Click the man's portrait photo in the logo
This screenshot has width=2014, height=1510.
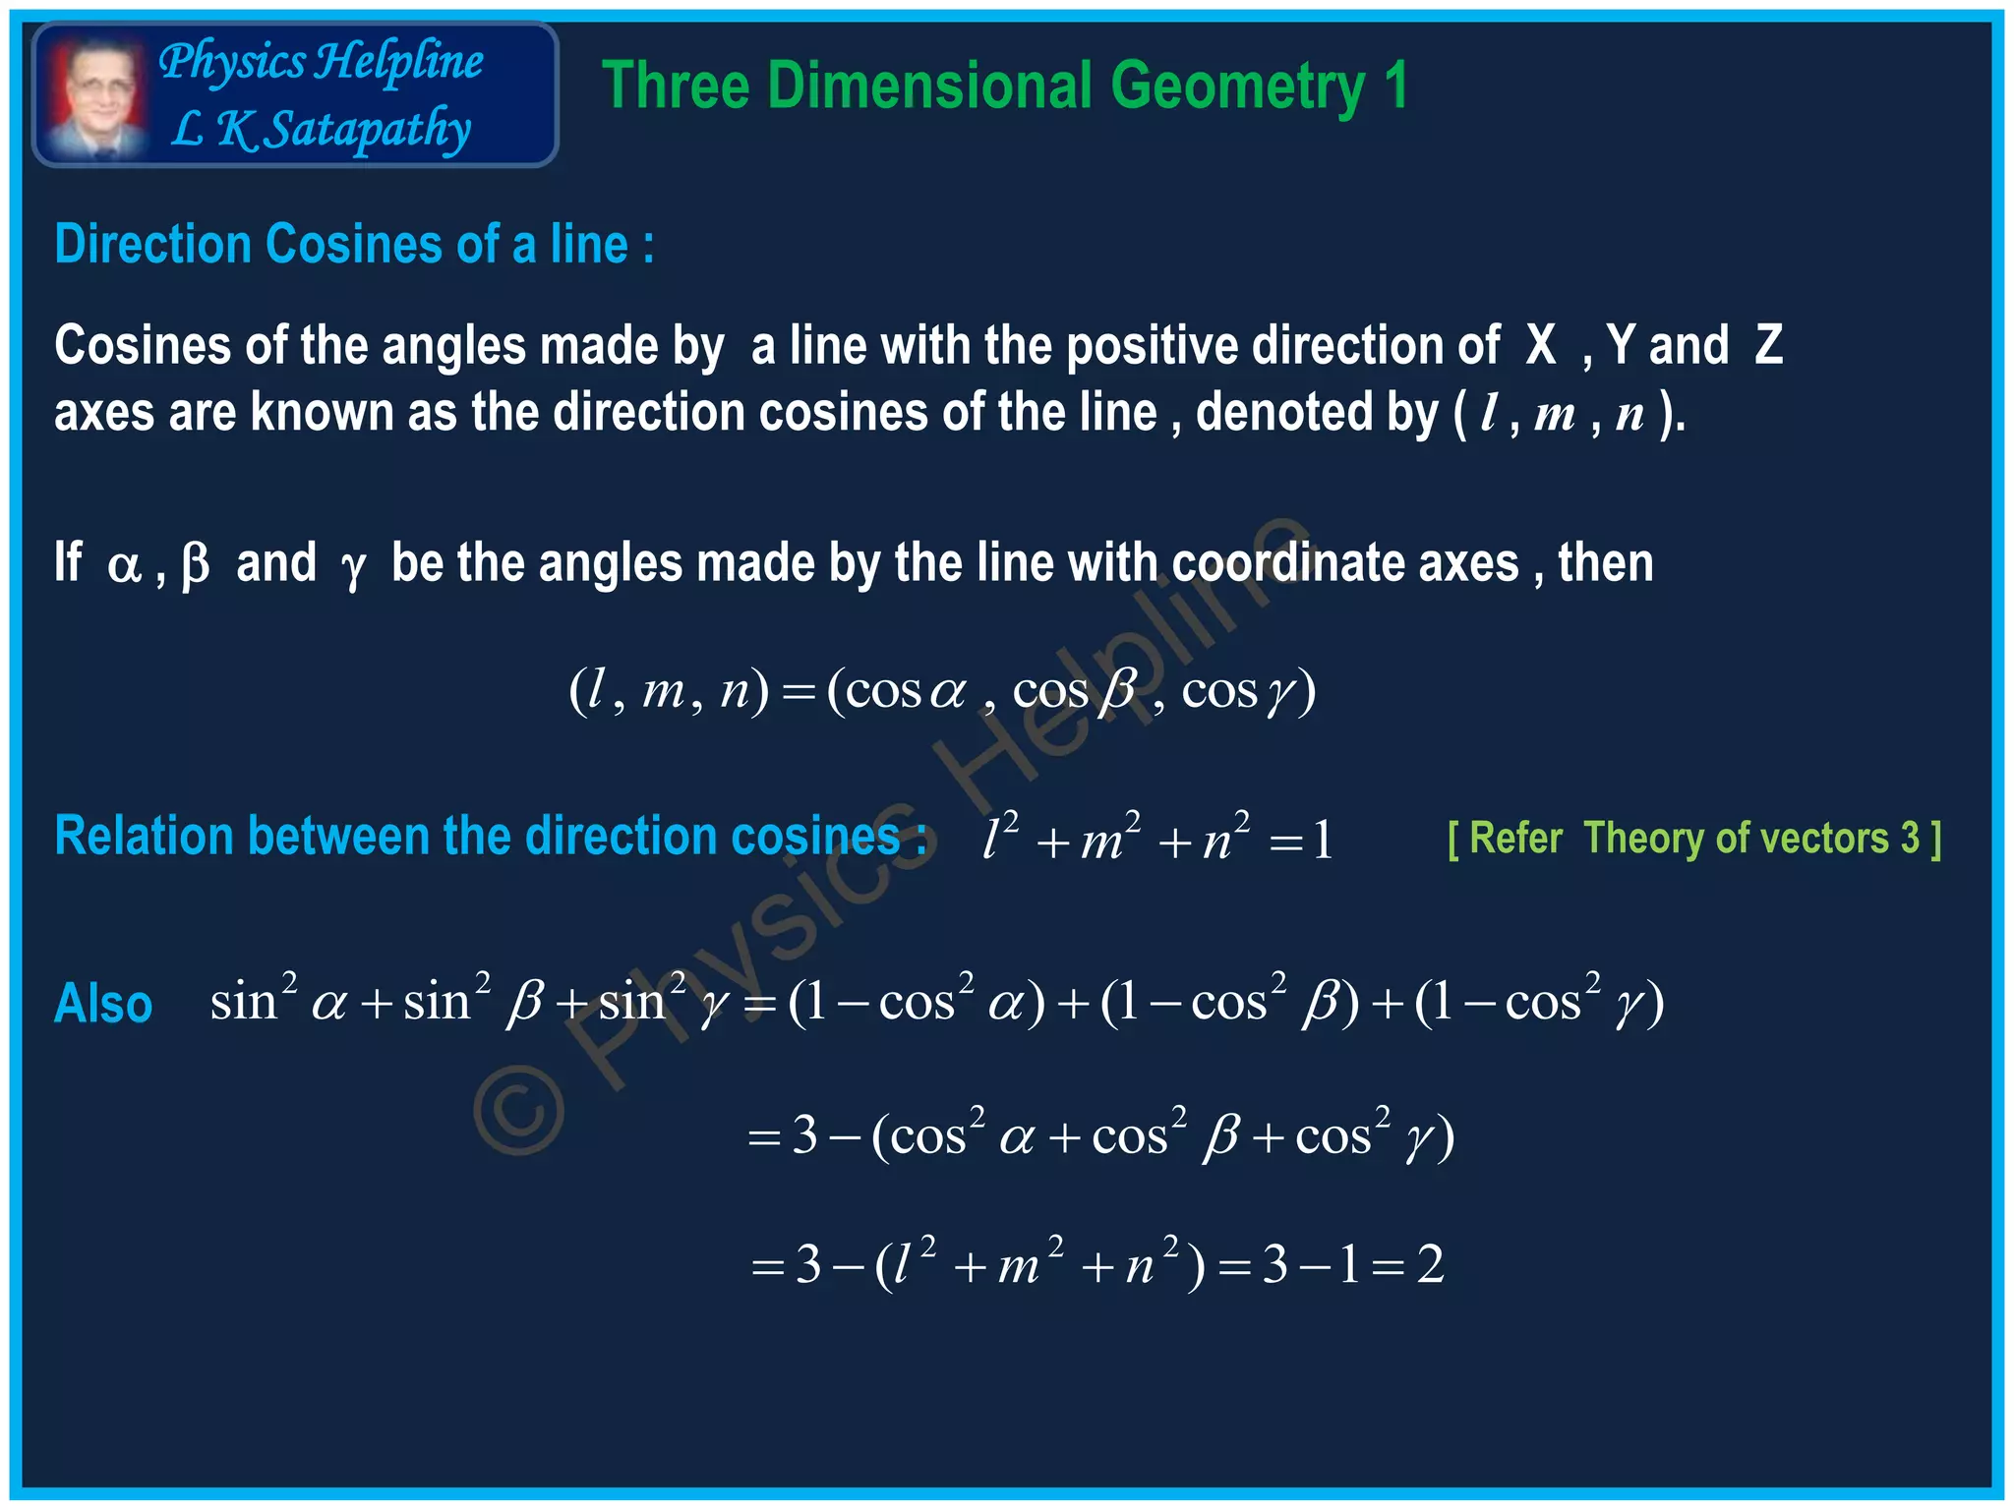[95, 96]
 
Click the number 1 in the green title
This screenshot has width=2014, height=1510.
[1395, 87]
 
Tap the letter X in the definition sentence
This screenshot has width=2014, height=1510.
[1541, 346]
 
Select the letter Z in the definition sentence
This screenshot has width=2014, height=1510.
[1768, 346]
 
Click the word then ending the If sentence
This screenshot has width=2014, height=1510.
[1605, 564]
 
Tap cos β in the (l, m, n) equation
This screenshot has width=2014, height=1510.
[1074, 690]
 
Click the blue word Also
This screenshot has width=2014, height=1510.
[103, 1005]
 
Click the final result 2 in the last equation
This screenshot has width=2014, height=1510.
[1430, 1264]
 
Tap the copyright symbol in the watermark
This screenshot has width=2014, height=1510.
[518, 1109]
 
